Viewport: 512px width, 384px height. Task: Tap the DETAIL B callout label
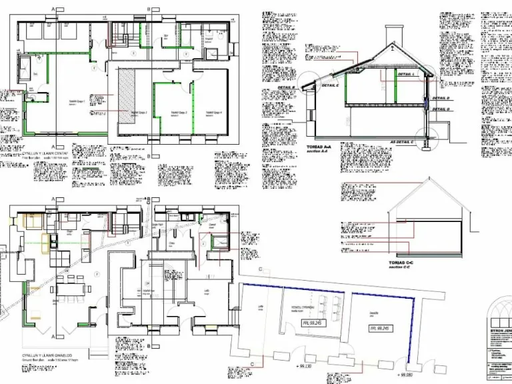click(x=286, y=87)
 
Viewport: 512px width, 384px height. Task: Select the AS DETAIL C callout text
click(x=402, y=142)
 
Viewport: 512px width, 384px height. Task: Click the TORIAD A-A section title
click(x=318, y=147)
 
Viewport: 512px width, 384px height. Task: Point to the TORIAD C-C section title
click(x=403, y=263)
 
